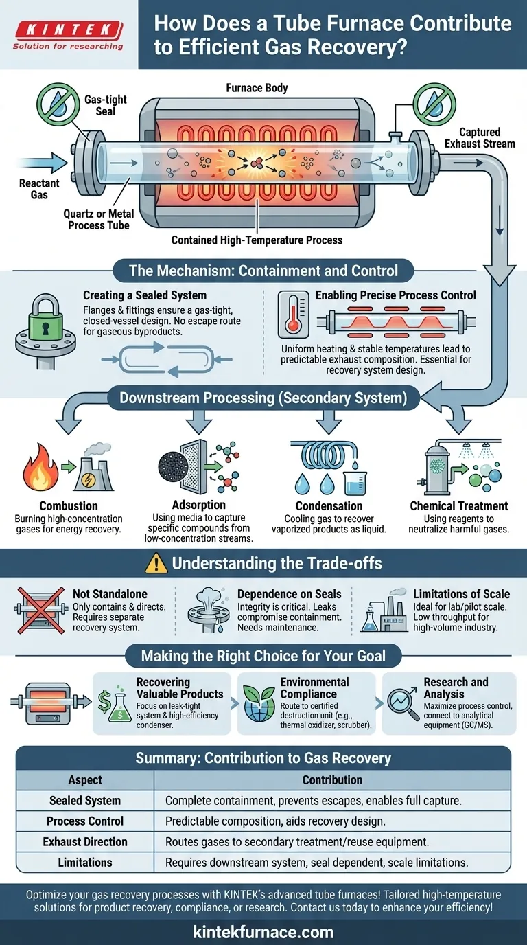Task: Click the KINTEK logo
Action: pos(68,29)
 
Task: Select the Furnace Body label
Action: pos(257,88)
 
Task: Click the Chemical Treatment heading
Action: pos(458,506)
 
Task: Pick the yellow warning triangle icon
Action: pos(157,564)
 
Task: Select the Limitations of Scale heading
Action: pos(461,593)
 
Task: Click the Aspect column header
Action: pos(85,779)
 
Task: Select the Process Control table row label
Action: pos(85,821)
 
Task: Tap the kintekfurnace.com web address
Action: pos(263,932)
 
